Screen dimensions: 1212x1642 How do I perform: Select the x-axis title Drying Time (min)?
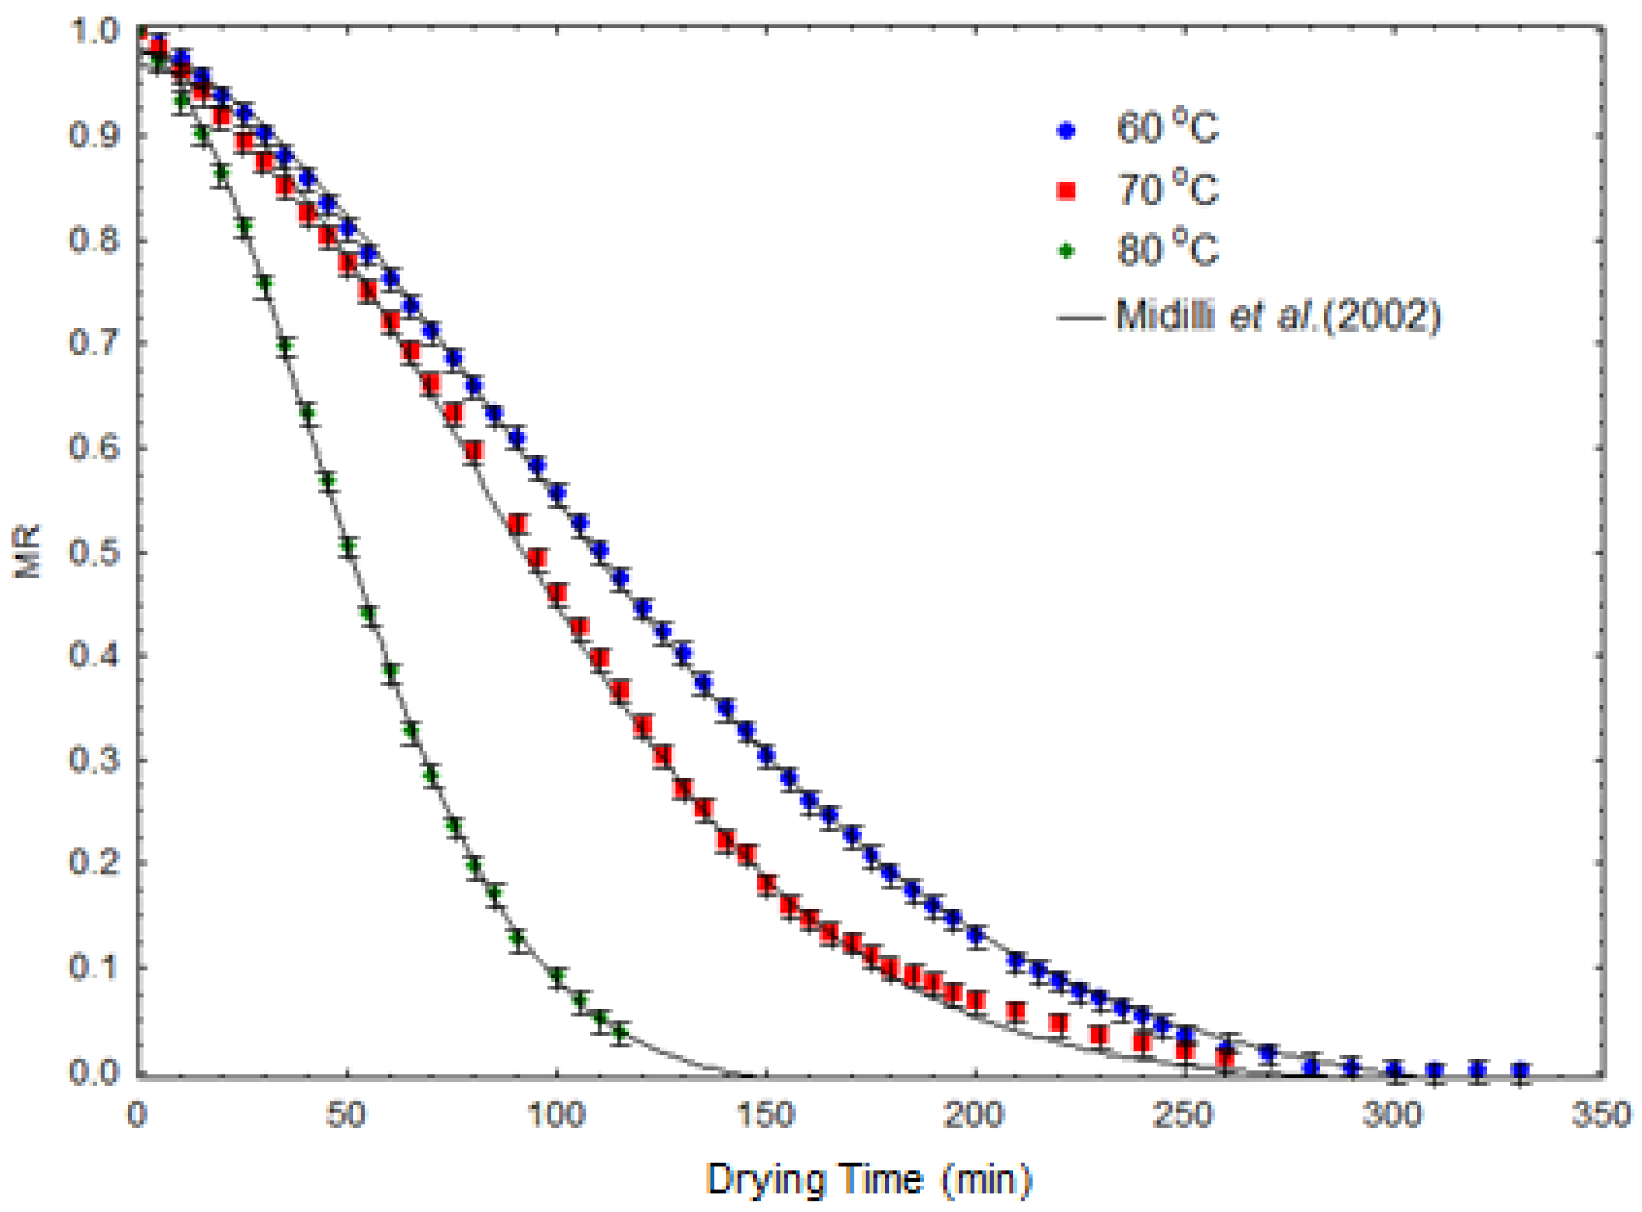pos(869,1179)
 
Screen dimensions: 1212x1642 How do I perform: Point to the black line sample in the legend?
pos(1080,318)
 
